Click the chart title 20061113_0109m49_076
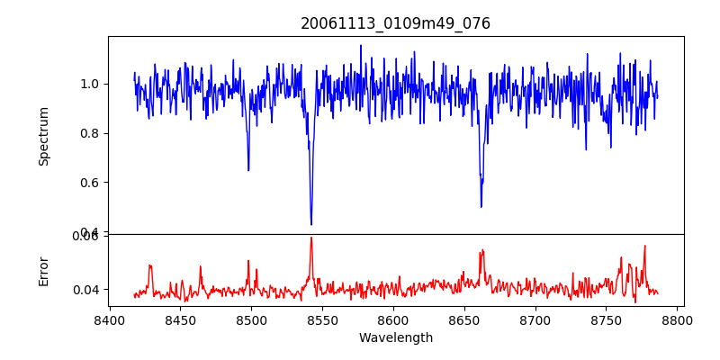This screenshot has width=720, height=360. (395, 23)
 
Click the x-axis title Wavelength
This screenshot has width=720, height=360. (395, 337)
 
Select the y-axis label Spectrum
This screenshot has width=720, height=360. (44, 136)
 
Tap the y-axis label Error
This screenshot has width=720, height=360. (44, 269)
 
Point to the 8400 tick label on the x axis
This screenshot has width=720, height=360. (109, 319)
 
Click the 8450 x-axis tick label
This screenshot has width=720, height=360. (180, 319)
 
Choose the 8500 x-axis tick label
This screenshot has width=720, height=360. (251, 319)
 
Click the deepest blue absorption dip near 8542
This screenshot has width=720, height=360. (311, 224)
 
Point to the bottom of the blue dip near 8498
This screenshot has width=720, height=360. (248, 170)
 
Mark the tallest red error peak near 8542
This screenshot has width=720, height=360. (311, 238)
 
